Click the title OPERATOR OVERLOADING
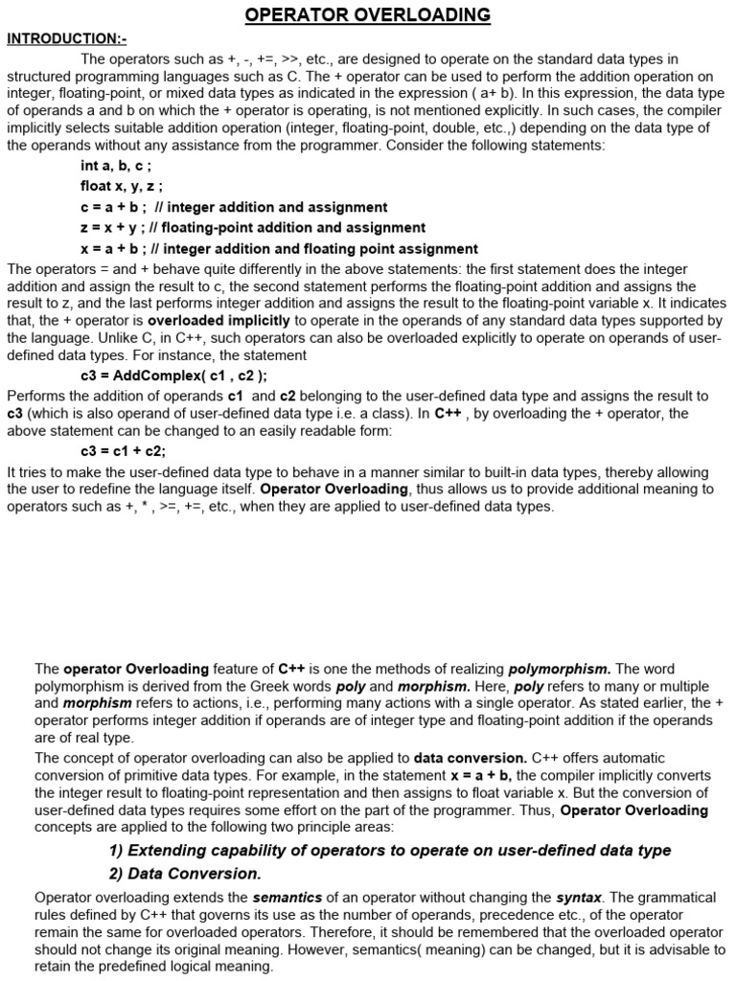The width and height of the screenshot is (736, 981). [368, 14]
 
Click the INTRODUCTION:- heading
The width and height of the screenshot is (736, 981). [66, 38]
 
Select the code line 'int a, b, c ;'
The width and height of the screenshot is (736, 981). [116, 166]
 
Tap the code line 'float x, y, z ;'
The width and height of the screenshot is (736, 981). [122, 186]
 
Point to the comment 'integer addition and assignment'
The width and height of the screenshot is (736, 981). [278, 207]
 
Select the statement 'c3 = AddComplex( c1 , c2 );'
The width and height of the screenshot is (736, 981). [173, 375]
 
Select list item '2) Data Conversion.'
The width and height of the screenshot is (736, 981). [185, 874]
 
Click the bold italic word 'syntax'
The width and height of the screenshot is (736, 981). [579, 898]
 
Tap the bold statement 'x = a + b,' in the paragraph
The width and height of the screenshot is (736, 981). [481, 775]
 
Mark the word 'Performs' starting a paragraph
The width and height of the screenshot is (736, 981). [34, 396]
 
